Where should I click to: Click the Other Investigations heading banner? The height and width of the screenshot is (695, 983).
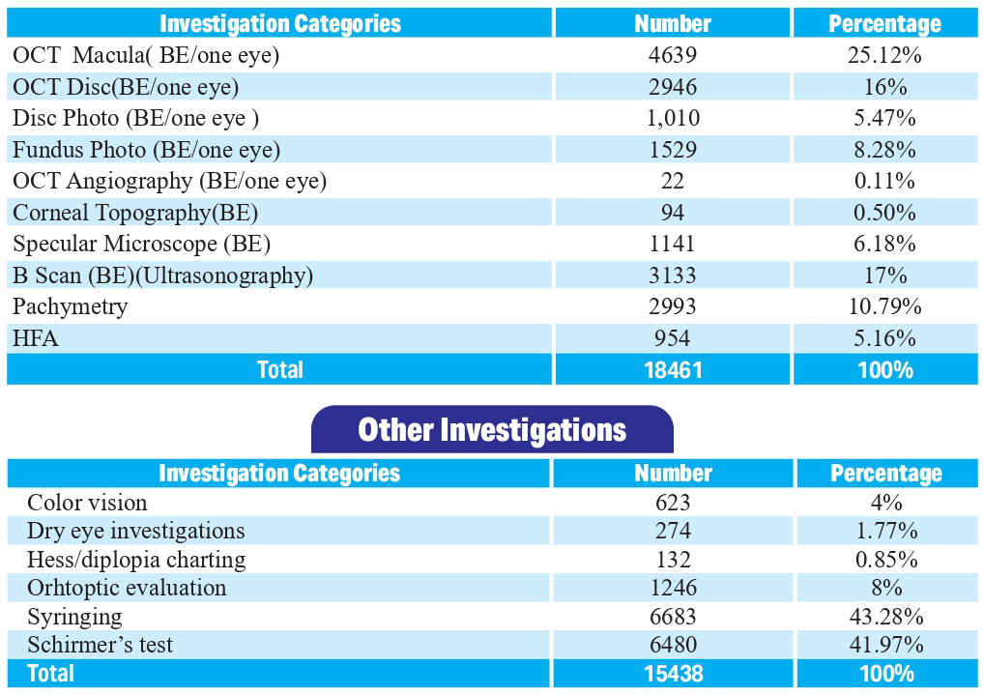492,430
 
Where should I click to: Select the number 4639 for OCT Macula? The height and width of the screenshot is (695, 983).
673,55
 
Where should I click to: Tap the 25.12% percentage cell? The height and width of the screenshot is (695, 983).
884,55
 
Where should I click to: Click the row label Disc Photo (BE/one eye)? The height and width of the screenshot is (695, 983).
136,118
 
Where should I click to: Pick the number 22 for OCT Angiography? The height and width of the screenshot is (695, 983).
673,181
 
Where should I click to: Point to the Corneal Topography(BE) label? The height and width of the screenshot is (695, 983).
135,213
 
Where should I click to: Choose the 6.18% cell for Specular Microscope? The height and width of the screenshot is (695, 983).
884,244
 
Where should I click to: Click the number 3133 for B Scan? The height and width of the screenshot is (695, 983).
673,275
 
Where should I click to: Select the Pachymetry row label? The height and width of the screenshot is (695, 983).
71,306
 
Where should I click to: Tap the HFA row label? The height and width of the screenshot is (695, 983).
36,338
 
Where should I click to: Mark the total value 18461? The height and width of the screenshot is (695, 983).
673,370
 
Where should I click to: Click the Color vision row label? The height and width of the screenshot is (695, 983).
87,503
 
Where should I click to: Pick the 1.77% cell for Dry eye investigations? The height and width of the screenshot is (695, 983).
885,531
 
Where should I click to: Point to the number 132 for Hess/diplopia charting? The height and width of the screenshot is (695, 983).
673,560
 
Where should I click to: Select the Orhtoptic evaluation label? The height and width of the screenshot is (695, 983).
127,588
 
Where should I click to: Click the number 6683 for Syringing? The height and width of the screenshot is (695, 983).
673,617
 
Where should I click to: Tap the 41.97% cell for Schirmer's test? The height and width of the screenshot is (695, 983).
885,645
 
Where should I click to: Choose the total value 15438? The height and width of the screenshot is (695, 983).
673,674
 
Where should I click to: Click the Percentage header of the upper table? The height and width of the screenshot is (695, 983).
884,23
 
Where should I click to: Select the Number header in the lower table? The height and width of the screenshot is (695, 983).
673,473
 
